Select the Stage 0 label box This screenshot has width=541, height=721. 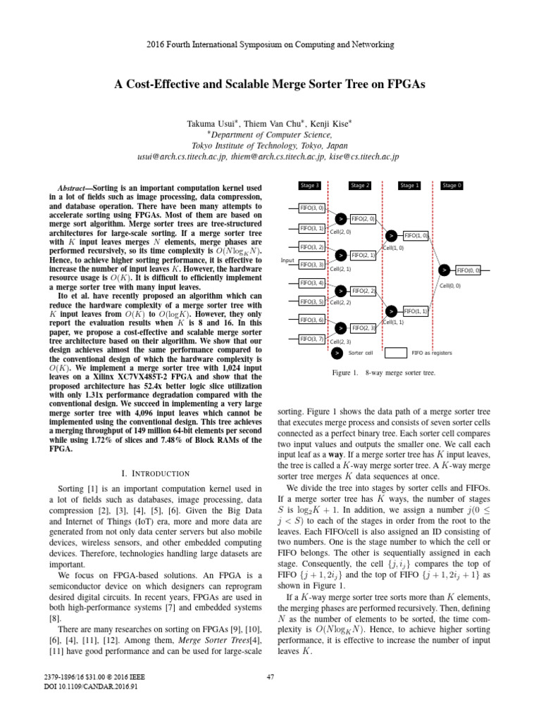pyautogui.click(x=452, y=185)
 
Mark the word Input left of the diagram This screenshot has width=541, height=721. pyautogui.click(x=287, y=260)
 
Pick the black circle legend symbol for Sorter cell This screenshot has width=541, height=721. pyautogui.click(x=338, y=353)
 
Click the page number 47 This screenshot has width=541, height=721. pyautogui.click(x=270, y=698)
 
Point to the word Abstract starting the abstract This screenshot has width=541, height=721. pyautogui.click(x=73, y=189)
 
